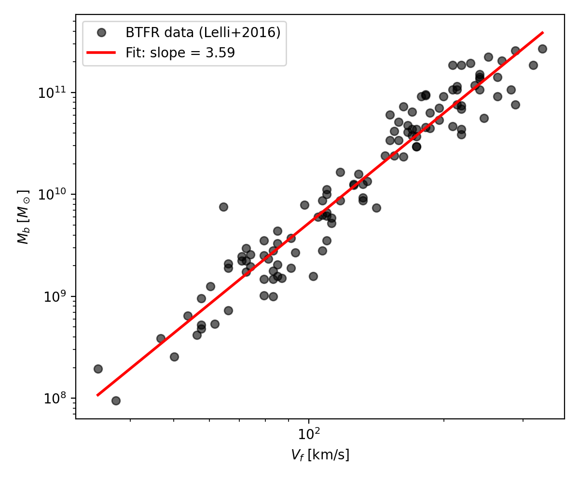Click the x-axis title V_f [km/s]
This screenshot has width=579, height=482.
(x=320, y=455)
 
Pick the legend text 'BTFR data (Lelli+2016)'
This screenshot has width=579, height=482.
(x=203, y=33)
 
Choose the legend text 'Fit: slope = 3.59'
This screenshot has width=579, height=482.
(x=180, y=53)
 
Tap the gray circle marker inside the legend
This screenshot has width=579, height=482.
(x=101, y=33)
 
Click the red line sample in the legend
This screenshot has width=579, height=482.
(x=101, y=53)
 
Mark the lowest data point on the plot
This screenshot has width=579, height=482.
(x=116, y=401)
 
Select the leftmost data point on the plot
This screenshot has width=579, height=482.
(x=98, y=369)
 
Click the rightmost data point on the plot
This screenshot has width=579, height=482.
(x=542, y=49)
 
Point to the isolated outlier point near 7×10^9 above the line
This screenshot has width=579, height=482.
(x=223, y=207)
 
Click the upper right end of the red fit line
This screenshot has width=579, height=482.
(x=543, y=33)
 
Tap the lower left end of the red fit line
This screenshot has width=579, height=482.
(x=97, y=395)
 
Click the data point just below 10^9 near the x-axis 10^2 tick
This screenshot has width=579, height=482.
(x=313, y=276)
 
